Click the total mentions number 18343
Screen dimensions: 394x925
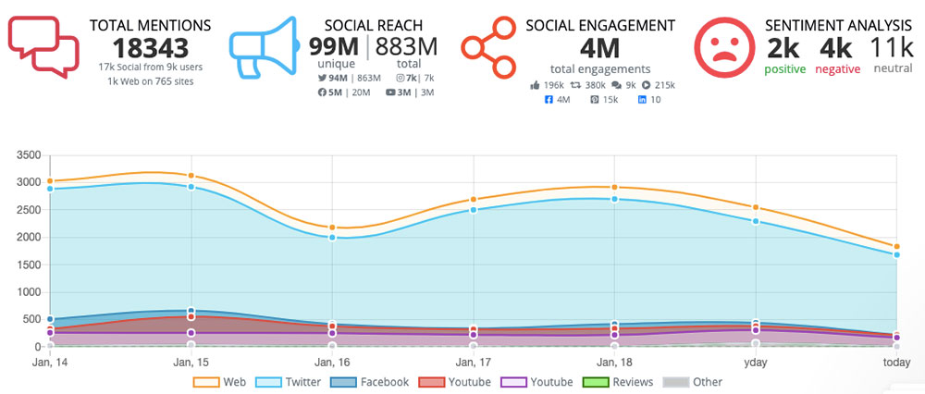pos(150,47)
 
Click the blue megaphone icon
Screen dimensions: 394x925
pos(263,47)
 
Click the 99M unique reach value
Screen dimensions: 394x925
pos(335,48)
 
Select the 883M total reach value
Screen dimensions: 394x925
pos(406,48)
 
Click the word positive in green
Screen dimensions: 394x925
pos(786,69)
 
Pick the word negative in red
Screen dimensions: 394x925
pos(837,69)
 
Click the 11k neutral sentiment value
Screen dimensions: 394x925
pos(893,48)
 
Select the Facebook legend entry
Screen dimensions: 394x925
pos(374,382)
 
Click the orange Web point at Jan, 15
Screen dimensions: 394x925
pos(191,176)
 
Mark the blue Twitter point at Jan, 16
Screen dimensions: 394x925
pos(332,237)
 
